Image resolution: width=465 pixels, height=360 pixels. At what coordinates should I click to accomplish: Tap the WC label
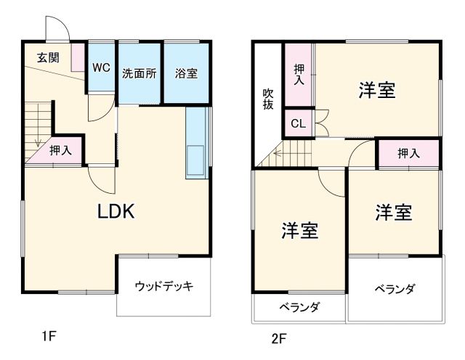point(101,67)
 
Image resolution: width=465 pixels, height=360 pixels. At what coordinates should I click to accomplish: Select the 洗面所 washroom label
point(139,73)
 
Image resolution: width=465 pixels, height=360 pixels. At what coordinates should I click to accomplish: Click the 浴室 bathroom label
point(186,73)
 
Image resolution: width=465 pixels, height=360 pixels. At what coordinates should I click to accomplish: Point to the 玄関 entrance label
point(48,58)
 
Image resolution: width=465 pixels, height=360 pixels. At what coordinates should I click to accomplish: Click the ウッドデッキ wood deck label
point(163,285)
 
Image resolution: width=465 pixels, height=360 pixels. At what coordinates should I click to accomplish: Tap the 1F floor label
point(49,336)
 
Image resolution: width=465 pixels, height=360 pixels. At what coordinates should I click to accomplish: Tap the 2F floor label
point(280,337)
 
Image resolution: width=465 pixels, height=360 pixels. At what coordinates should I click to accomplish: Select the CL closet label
point(298,123)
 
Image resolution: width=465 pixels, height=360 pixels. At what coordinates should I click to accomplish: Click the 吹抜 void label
point(268,98)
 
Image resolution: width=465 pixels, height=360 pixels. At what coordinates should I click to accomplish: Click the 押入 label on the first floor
point(60,151)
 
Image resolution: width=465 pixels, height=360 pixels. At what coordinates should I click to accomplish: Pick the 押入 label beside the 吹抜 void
point(299,74)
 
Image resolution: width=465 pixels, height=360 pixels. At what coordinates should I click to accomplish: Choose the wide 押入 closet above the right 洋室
point(408,153)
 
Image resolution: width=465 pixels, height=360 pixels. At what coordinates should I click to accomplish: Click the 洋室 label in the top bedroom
point(376,91)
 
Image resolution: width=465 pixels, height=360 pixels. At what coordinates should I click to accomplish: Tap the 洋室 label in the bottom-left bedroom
point(300,231)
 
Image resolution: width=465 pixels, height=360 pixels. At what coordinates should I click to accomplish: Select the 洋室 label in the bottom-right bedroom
point(393,213)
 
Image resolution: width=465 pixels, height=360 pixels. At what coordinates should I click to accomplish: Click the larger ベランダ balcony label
point(395,289)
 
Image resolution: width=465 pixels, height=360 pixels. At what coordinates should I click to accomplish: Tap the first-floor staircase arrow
point(35,138)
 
